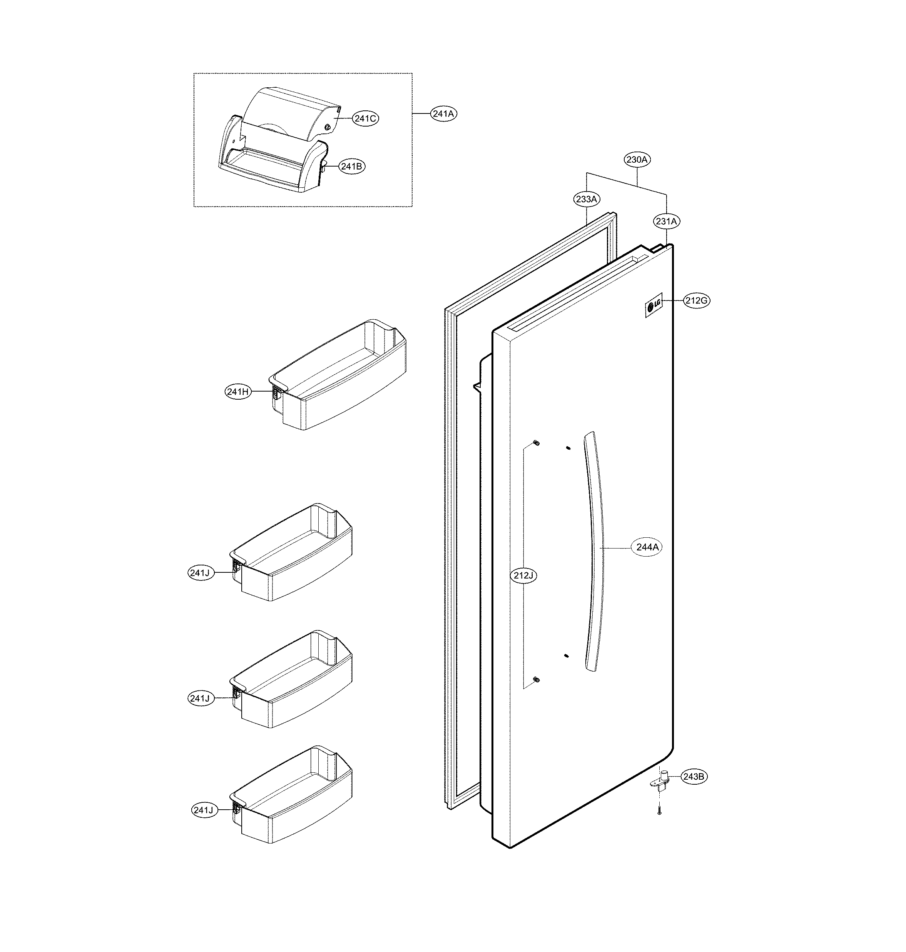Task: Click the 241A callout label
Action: [x=443, y=114]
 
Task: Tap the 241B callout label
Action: [x=351, y=167]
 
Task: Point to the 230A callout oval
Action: [x=637, y=159]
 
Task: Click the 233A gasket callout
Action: [x=587, y=199]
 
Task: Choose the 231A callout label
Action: [x=667, y=222]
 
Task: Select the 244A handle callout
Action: [x=647, y=547]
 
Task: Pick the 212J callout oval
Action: [x=523, y=575]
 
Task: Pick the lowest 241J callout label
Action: [x=203, y=810]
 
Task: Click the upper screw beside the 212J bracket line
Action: [x=536, y=443]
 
